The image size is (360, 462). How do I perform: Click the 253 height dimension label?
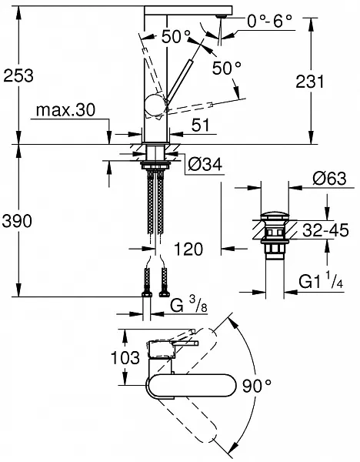[18, 75]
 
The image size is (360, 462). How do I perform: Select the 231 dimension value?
[310, 82]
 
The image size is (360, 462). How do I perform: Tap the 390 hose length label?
[17, 221]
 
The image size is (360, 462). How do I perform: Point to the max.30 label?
[65, 110]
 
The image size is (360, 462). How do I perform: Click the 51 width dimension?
[200, 125]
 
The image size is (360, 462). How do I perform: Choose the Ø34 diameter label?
[205, 165]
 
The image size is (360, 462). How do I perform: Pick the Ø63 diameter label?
[329, 179]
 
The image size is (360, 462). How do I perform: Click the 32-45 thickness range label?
[325, 230]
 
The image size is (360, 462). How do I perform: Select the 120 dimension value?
[188, 249]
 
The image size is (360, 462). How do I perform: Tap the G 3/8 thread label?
[188, 305]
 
